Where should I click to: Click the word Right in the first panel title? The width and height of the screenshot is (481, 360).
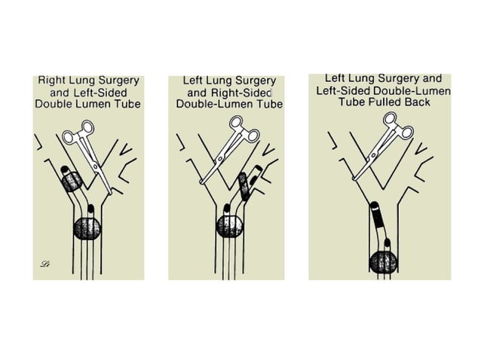(51, 81)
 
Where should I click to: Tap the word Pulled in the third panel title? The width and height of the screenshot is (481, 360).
(385, 102)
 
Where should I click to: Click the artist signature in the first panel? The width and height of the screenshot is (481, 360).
(45, 264)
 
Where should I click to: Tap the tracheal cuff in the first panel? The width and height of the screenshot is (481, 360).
(87, 228)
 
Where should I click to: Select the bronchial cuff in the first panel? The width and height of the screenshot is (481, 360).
(72, 182)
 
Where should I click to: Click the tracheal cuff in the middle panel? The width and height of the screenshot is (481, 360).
(229, 227)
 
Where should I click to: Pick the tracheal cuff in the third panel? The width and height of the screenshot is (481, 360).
(384, 262)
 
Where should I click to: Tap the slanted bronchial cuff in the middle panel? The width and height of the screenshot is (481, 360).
(244, 186)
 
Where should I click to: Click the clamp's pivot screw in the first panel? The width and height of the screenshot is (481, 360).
(95, 166)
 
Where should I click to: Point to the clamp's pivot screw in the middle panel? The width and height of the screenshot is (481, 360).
(220, 158)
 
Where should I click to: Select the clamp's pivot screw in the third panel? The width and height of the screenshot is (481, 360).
(373, 156)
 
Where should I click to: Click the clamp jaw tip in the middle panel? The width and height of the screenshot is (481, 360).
(201, 182)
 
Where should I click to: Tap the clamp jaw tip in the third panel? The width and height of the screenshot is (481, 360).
(354, 178)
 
